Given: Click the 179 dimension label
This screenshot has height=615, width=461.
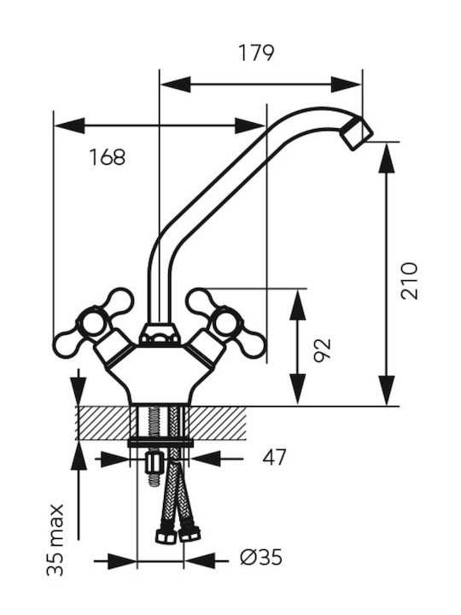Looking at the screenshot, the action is [256, 53].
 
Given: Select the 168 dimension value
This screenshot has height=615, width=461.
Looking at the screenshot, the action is [108, 157].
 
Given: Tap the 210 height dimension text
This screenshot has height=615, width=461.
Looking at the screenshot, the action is [409, 281].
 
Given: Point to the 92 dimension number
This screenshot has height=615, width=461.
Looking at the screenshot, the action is [323, 348].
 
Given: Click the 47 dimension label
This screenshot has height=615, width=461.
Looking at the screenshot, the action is [274, 457].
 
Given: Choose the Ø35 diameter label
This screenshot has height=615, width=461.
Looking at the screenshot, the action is [261, 557].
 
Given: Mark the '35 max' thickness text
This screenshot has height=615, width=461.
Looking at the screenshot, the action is [55, 540].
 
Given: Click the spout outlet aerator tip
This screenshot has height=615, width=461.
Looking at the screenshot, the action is [356, 133].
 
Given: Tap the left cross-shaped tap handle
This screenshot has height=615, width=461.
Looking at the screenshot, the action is [94, 323].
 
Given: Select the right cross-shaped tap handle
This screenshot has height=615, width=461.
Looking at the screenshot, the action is [226, 323].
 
